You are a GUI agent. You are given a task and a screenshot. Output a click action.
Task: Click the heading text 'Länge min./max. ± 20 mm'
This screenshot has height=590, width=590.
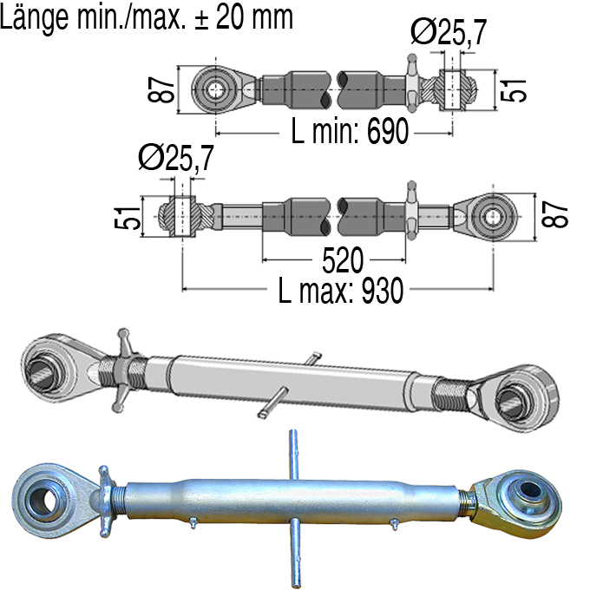pyautogui.click(x=147, y=17)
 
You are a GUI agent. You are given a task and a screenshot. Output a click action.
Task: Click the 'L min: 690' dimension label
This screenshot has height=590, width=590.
pyautogui.click(x=350, y=130)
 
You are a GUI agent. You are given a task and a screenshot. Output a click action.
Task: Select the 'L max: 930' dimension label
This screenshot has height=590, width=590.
pyautogui.click(x=340, y=290)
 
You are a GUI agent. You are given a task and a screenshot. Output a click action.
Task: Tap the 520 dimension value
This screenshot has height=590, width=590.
pyautogui.click(x=343, y=259)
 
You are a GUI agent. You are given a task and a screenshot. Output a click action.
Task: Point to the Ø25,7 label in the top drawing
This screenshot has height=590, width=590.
pyautogui.click(x=449, y=32)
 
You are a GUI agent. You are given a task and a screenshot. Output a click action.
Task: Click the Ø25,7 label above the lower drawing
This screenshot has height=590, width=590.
pyautogui.click(x=176, y=158)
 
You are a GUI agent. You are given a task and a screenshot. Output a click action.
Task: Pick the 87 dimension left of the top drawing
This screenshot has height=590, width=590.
pyautogui.click(x=161, y=89)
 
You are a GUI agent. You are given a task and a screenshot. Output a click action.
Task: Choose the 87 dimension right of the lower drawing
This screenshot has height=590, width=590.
pyautogui.click(x=554, y=213)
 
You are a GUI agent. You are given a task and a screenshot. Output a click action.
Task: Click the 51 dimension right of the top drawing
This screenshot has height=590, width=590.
pyautogui.click(x=513, y=90)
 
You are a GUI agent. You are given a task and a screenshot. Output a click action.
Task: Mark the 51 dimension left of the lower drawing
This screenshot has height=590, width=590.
pyautogui.click(x=128, y=218)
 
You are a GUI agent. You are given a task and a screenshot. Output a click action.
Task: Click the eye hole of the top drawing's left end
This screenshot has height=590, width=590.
pyautogui.click(x=215, y=90)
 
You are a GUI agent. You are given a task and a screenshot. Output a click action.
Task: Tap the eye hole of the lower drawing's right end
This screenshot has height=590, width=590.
pyautogui.click(x=493, y=217)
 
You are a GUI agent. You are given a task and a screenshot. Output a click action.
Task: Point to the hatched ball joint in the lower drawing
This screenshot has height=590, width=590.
pyautogui.click(x=183, y=216)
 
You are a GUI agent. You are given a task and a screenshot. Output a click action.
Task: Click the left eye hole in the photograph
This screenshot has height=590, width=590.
pyautogui.click(x=44, y=500)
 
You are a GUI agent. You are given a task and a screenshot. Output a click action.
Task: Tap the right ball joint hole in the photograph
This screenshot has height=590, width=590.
pyautogui.click(x=530, y=490)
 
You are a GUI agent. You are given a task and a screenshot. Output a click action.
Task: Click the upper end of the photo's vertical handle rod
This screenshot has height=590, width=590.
pyautogui.click(x=292, y=432)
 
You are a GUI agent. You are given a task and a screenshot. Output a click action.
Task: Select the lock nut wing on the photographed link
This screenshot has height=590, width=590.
pyautogui.click(x=105, y=500)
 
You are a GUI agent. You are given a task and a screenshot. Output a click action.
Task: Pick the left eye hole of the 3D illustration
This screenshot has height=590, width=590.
pyautogui.click(x=41, y=371)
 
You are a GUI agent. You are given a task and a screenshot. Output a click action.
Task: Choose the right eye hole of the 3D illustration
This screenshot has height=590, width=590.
pyautogui.click(x=513, y=401)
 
